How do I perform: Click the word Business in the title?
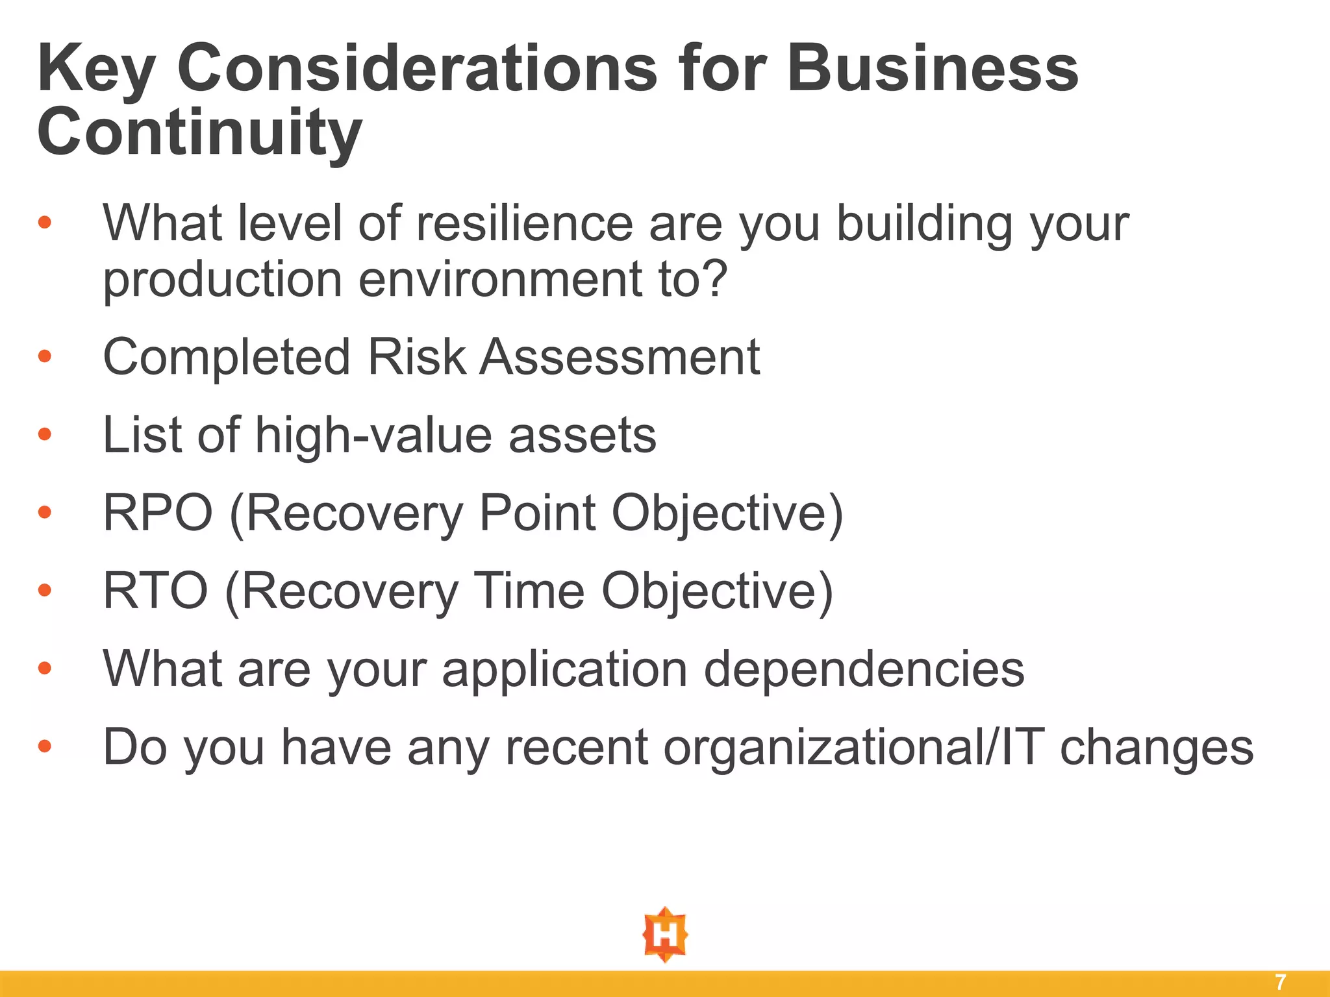[x=933, y=69]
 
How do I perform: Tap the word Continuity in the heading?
[x=199, y=134]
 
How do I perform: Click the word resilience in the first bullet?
[x=524, y=224]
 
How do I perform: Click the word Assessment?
[x=620, y=358]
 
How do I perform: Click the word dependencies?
[x=864, y=669]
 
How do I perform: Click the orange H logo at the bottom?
[x=665, y=935]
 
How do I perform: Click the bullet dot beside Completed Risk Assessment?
[x=44, y=356]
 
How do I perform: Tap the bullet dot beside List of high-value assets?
[x=44, y=434]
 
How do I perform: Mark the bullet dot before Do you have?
[x=44, y=746]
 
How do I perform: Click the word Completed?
[x=227, y=358]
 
